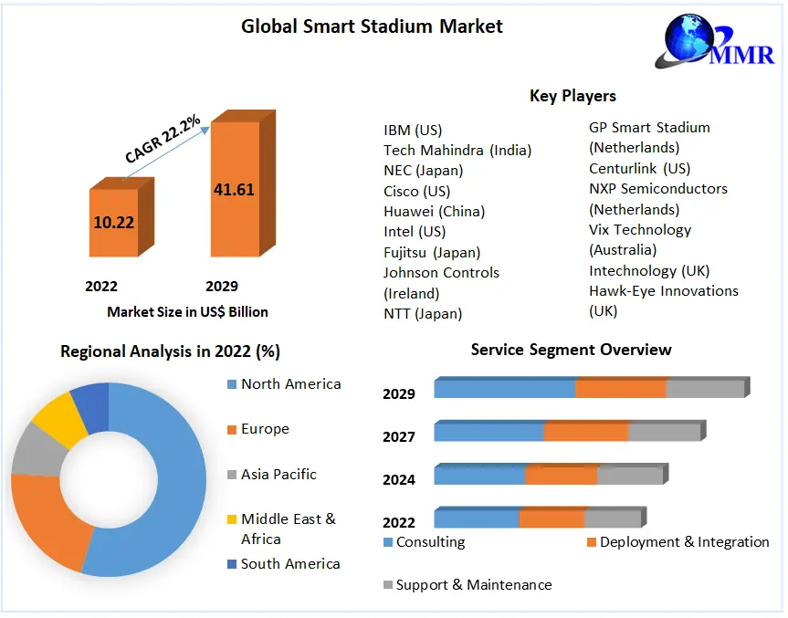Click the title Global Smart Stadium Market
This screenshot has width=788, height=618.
tap(372, 26)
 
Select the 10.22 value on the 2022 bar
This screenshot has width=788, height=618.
tap(114, 221)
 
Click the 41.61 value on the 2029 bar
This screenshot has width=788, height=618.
tap(234, 190)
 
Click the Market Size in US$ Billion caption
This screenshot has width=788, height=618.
tap(187, 312)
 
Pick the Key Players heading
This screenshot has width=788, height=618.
tap(573, 96)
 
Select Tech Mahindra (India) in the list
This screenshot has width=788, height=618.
tap(457, 150)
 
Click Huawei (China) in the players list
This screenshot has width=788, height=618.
tap(434, 211)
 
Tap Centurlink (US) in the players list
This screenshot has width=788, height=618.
tap(639, 168)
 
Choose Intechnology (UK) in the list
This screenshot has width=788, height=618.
tap(648, 270)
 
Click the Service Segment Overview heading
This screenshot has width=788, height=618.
tap(571, 350)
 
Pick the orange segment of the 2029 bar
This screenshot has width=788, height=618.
tap(621, 389)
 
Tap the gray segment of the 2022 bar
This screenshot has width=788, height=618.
tap(612, 519)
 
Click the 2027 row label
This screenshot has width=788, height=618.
tap(399, 437)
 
